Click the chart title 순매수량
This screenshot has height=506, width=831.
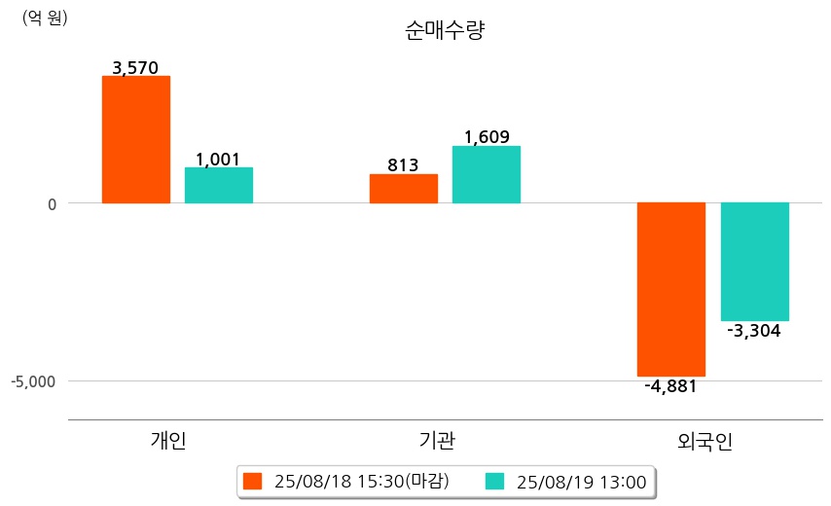(445, 31)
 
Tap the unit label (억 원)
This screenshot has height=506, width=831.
(45, 18)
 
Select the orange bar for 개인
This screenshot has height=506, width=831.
(136, 139)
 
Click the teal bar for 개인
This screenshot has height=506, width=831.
(219, 185)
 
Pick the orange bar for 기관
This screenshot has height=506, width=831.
(404, 189)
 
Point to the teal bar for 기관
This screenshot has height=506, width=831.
(487, 174)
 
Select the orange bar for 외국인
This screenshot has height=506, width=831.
(671, 289)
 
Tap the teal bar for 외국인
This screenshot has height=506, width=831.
(754, 261)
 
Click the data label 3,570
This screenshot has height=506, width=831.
(135, 68)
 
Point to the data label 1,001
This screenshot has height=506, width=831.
(218, 160)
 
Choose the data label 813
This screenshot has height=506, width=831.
(403, 165)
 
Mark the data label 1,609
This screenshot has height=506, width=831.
(487, 137)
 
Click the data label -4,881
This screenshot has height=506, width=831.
(670, 386)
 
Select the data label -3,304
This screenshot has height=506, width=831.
(753, 331)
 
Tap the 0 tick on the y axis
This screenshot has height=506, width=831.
(52, 203)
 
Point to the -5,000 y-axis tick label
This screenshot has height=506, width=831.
(35, 380)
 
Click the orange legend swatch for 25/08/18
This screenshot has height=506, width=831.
(253, 481)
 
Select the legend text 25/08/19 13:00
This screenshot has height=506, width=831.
(582, 481)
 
